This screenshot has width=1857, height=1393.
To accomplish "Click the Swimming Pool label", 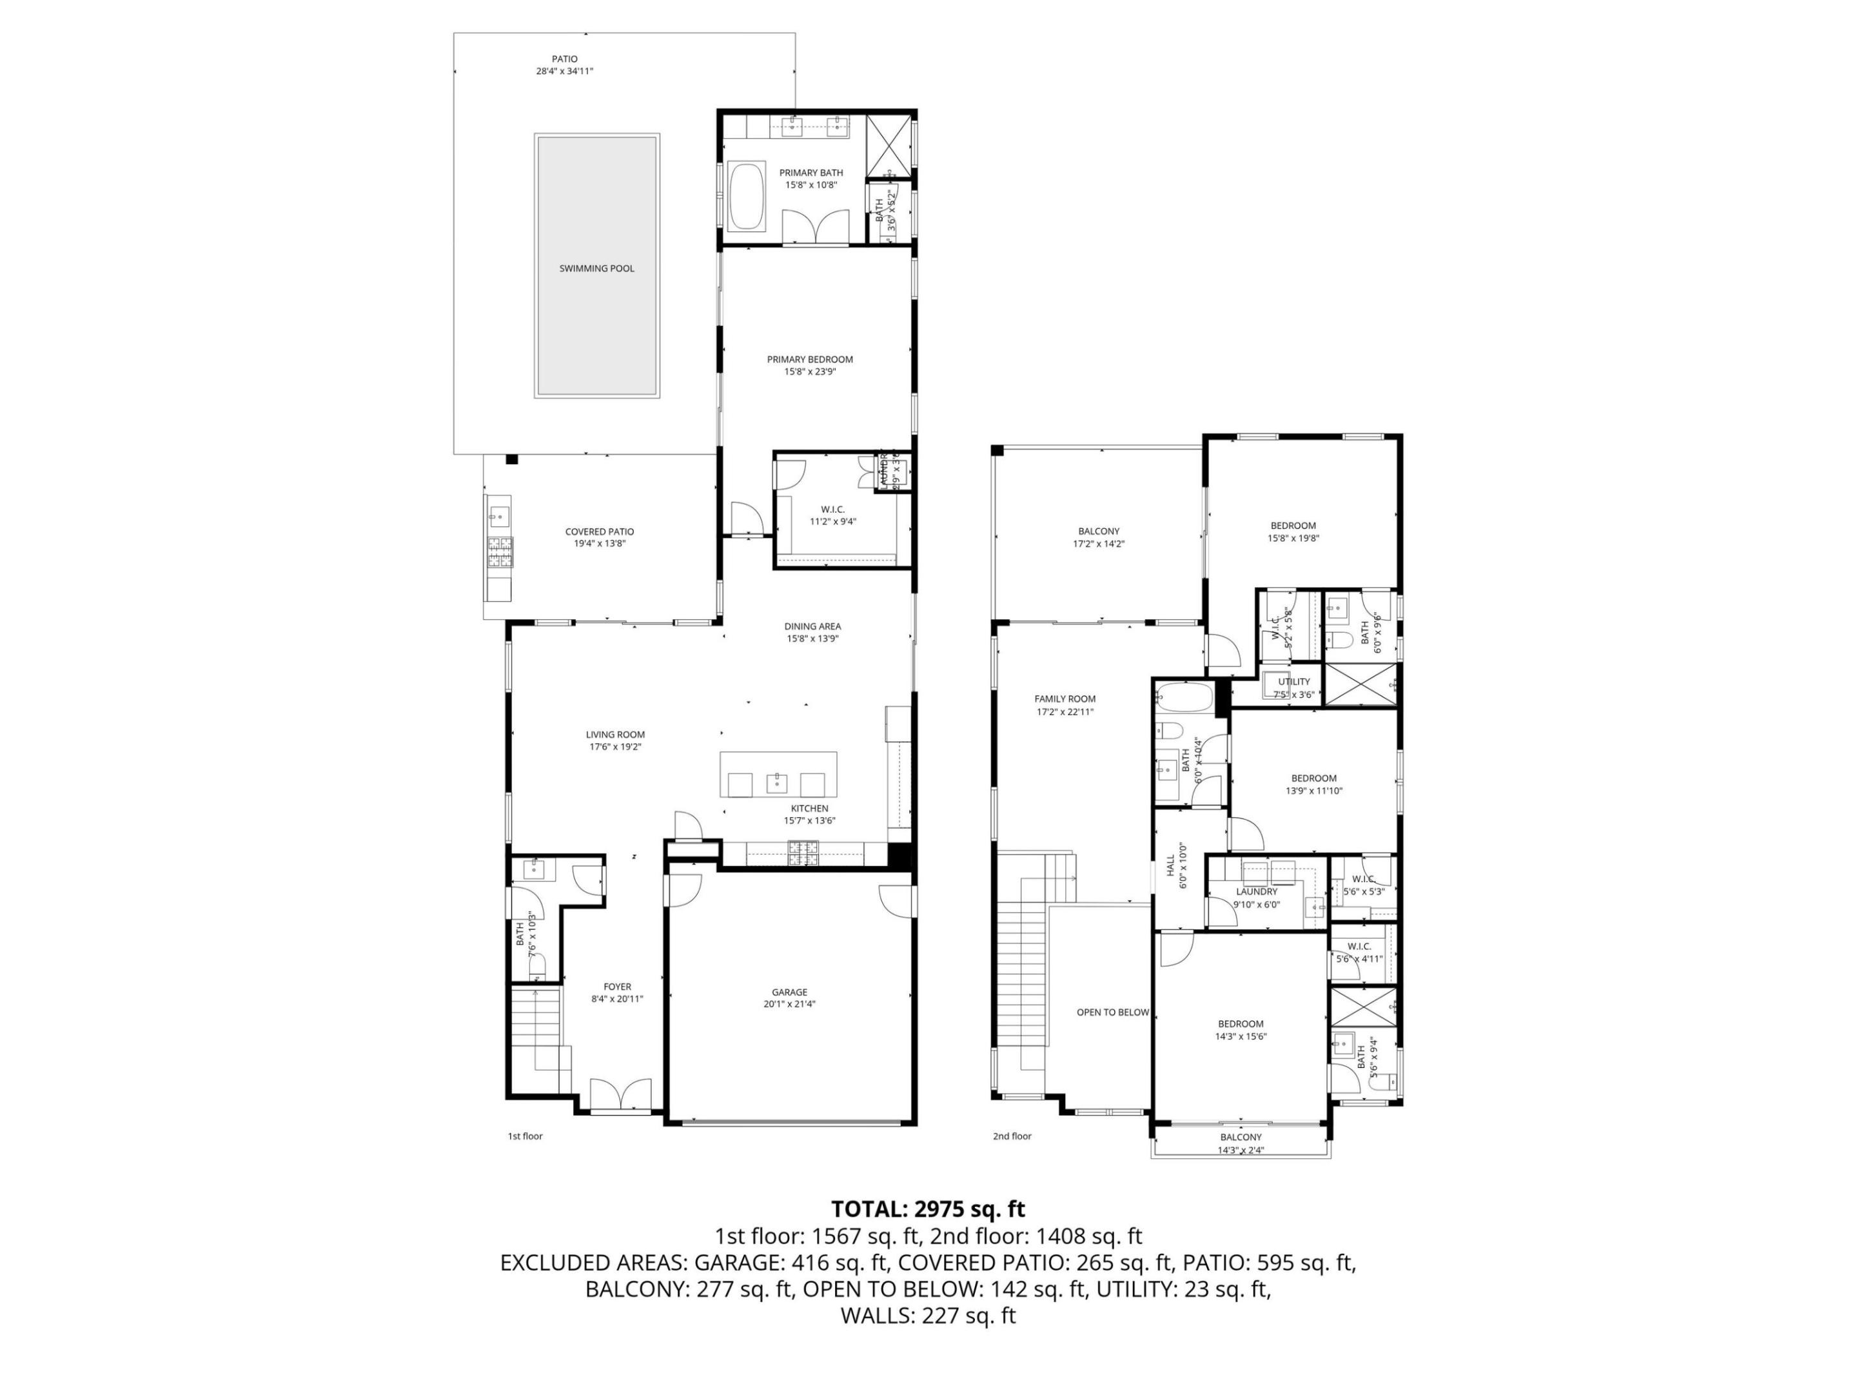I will pos(597,269).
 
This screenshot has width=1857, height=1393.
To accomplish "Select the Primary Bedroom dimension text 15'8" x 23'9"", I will pos(810,371).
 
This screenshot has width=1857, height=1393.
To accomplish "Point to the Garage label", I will pos(789,992).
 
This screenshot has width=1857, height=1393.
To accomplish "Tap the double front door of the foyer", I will pos(620,1095).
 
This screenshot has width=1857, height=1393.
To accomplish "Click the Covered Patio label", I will pos(600,531).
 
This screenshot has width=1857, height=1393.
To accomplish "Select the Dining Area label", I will pos(812,626).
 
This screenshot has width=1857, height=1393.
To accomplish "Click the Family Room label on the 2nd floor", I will pos(1065,698).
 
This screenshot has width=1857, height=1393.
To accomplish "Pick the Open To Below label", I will pos(1112,1012).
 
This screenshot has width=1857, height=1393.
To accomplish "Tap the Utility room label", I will pos(1293,682).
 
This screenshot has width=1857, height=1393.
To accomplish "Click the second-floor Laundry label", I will pos(1257,892).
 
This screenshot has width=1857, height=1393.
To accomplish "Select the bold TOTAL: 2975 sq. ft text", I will pos(928,1209).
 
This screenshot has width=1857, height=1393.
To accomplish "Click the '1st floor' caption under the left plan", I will pos(525,1136).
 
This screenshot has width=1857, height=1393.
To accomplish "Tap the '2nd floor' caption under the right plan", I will pos(1012,1136).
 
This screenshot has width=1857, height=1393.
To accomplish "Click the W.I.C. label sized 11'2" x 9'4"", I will pos(832,509).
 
